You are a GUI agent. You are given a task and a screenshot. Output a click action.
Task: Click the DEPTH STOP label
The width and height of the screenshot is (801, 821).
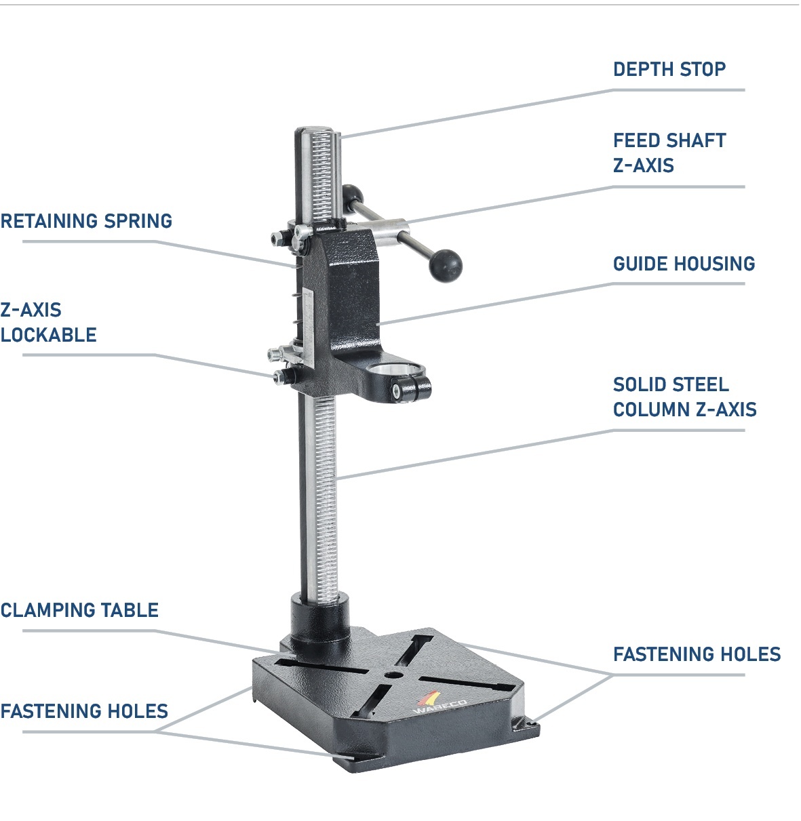click(x=669, y=69)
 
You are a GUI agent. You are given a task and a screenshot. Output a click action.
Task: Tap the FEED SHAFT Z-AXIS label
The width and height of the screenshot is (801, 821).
click(x=669, y=153)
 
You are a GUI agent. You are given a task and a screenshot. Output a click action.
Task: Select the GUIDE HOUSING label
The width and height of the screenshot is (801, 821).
click(x=684, y=264)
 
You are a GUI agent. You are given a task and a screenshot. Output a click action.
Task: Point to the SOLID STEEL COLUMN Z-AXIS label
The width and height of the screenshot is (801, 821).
click(x=684, y=397)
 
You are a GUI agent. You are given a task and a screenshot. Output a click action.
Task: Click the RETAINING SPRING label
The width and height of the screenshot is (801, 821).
click(x=86, y=221)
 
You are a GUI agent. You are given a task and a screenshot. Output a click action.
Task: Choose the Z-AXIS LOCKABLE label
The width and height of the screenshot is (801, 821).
click(x=48, y=322)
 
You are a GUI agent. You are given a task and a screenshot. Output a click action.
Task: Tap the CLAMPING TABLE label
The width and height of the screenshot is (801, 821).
click(x=79, y=610)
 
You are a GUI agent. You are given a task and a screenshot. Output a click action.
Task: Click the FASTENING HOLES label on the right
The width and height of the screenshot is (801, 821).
click(x=697, y=654)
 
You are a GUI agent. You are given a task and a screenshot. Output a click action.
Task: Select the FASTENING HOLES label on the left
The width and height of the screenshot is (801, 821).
click(x=84, y=711)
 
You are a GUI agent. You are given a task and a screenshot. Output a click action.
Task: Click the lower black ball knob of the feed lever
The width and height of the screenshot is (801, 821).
click(x=445, y=266)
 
